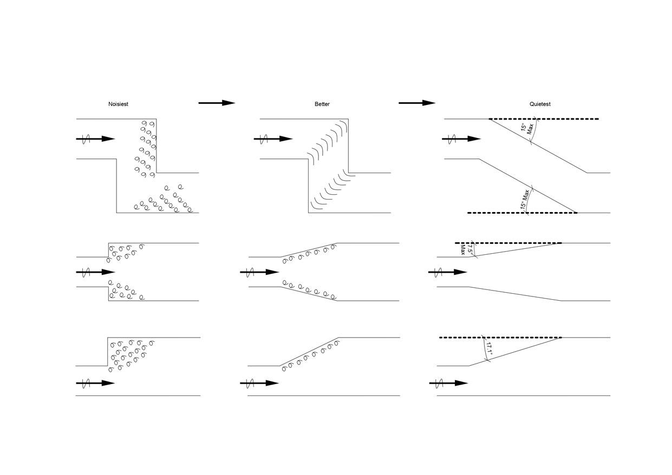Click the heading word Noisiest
(118, 104)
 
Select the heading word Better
(322, 104)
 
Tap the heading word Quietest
(540, 104)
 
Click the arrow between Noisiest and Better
(217, 103)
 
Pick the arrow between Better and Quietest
(417, 103)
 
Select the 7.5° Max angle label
(467, 248)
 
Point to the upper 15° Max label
(527, 129)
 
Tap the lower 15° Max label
(525, 199)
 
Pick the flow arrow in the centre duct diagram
(259, 272)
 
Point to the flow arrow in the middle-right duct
(448, 272)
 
